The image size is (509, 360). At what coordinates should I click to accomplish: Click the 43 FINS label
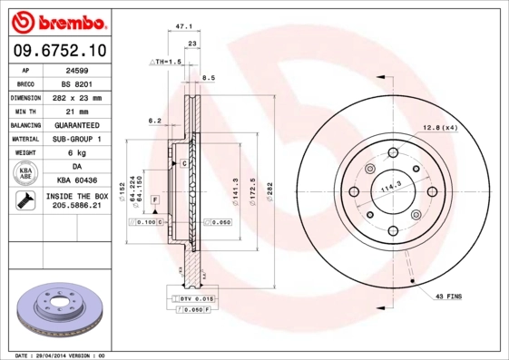pos(448,297)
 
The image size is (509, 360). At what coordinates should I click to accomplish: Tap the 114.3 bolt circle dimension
pos(389,187)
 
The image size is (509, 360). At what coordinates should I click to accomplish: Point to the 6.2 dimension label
pos(154,120)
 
